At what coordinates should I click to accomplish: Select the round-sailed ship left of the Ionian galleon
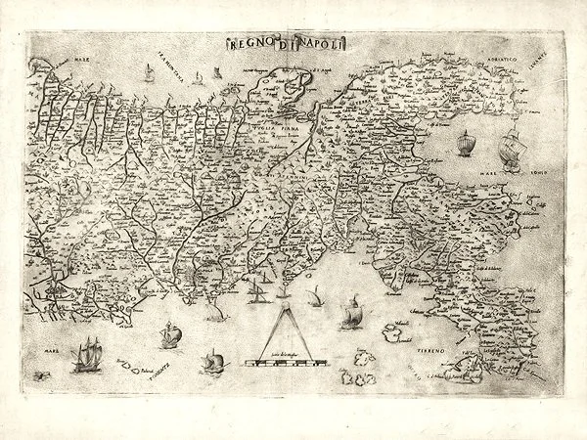(464, 143)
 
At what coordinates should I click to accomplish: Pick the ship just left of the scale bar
(209, 362)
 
